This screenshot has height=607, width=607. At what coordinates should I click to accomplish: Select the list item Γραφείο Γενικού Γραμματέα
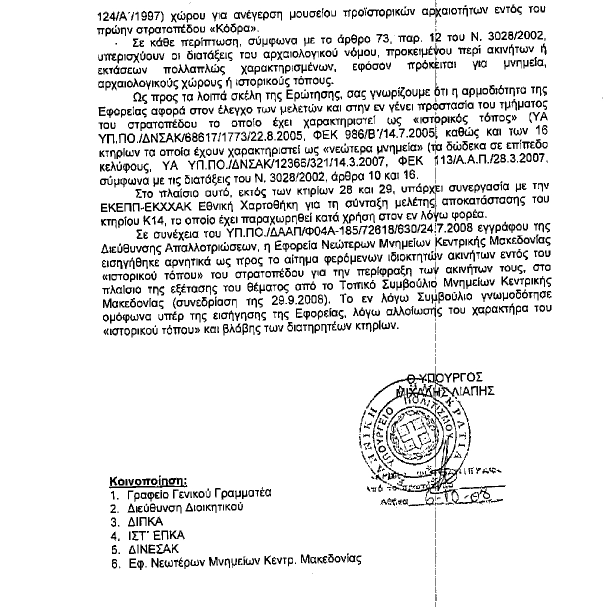tap(199, 493)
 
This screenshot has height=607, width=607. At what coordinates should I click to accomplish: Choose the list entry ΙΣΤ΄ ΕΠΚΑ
tap(155, 535)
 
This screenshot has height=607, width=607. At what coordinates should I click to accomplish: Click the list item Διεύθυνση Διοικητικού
tap(185, 507)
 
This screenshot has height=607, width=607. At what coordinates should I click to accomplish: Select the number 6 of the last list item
tap(114, 563)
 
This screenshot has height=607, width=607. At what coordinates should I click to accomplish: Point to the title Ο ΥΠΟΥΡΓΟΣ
tap(444, 377)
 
